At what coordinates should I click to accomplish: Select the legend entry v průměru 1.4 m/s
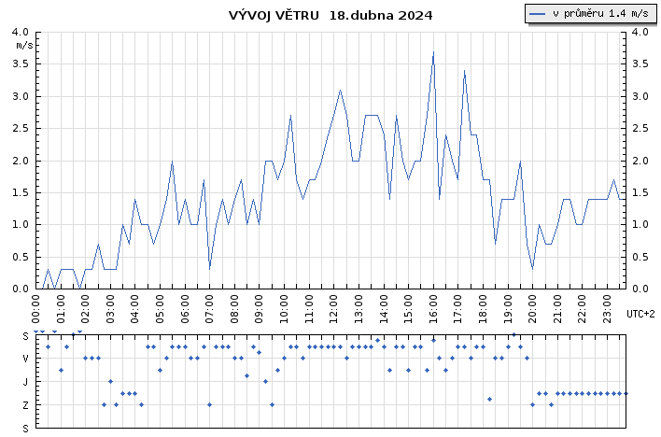pos(589,13)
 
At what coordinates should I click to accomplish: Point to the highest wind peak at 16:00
pos(433,52)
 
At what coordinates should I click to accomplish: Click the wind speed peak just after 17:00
pos(464,71)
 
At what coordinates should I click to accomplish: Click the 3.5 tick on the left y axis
pos(21,64)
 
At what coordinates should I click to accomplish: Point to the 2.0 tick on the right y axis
pos(640,161)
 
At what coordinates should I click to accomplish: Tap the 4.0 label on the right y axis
pos(640,32)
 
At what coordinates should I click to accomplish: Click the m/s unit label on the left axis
pos(24,45)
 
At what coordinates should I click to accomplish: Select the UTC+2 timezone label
pos(640,314)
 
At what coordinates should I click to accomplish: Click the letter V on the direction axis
pos(25,359)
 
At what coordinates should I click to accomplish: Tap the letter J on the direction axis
pos(25,382)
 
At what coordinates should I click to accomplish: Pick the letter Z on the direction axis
pos(25,405)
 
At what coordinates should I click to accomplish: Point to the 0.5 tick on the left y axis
pos(21,257)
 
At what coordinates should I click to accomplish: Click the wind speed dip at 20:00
pos(532,269)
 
